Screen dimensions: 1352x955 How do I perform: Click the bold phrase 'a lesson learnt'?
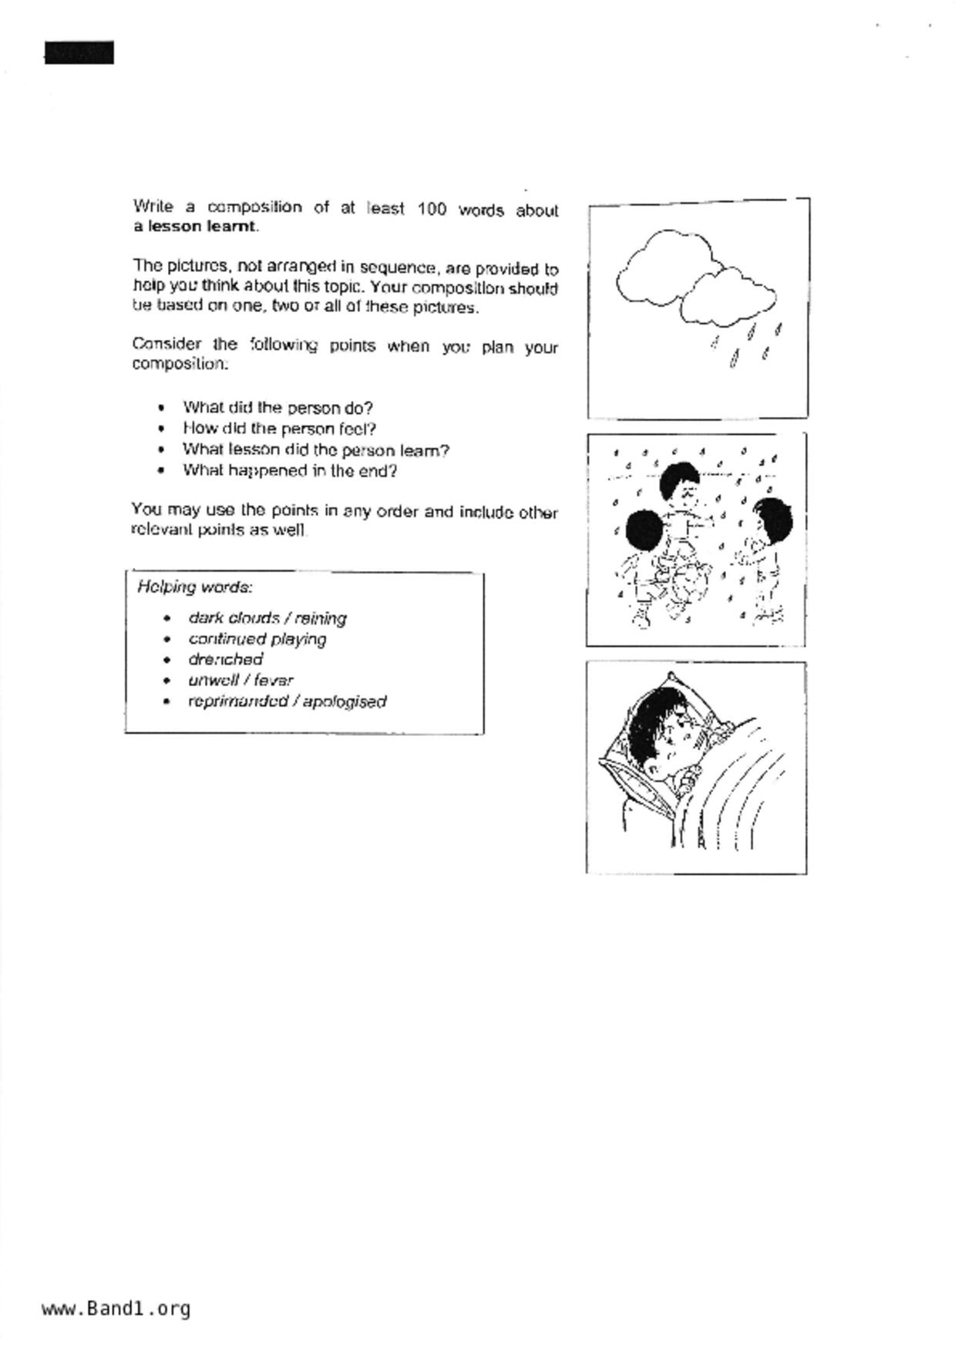195,227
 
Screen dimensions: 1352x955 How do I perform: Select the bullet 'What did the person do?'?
277,407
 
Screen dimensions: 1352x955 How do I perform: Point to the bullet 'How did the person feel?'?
279,429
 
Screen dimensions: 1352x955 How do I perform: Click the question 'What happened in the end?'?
290,470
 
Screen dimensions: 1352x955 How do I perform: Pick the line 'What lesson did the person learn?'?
315,449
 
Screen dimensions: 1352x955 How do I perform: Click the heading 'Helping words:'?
195,587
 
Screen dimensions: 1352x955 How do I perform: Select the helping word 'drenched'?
225,659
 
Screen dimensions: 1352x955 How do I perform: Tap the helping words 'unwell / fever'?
240,680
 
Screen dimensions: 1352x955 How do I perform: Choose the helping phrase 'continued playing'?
257,639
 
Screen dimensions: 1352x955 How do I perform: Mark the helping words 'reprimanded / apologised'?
287,701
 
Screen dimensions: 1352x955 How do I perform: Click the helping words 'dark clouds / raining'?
267,618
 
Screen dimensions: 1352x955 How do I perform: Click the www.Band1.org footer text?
116,1308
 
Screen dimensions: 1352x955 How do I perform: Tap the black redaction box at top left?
79,53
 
